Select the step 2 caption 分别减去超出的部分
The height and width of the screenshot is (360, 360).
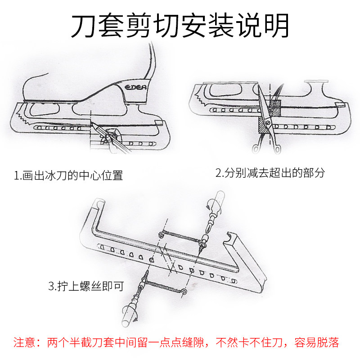coord(270,173)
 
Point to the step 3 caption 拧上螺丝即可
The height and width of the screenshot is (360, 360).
coord(85,286)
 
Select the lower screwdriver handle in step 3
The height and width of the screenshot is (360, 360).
coord(129,317)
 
